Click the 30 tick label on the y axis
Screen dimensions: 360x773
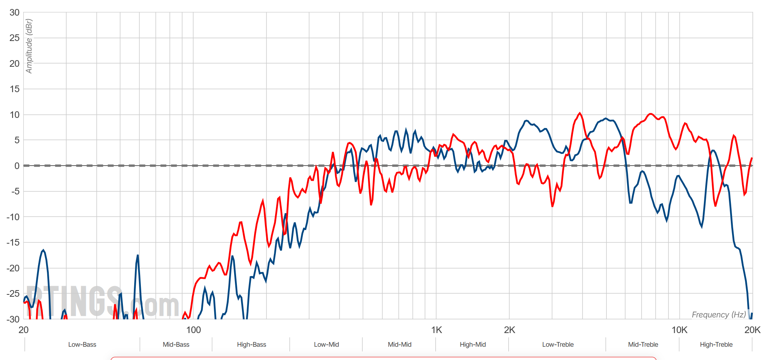click(14, 12)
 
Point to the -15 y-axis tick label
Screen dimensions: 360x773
click(13, 242)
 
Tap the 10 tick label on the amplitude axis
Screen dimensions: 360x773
click(14, 115)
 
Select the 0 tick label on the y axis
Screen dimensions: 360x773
click(17, 166)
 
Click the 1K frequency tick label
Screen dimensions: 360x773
click(436, 330)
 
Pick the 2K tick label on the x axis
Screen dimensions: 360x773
click(509, 330)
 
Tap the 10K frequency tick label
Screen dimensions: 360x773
click(679, 330)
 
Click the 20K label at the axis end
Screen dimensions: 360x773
click(752, 330)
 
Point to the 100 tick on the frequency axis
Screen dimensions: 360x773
click(193, 330)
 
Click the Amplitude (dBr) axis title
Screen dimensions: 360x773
click(29, 46)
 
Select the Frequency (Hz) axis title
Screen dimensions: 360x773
click(718, 315)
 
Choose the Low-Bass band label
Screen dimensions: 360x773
click(82, 345)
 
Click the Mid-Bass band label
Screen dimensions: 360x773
click(176, 345)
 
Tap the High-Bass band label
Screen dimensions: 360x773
click(251, 345)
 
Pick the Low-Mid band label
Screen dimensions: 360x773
click(326, 345)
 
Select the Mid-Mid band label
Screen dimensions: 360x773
click(400, 345)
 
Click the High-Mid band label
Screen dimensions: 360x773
click(473, 345)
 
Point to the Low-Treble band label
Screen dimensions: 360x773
click(558, 345)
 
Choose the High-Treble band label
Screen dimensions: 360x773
click(716, 345)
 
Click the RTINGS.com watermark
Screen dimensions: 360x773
click(102, 301)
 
